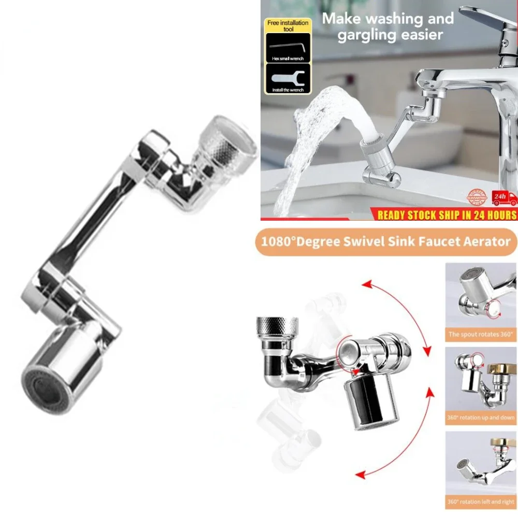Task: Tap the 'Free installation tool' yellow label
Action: pyautogui.click(x=287, y=26)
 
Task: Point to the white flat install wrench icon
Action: pyautogui.click(x=288, y=78)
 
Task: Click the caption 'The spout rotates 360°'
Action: pyautogui.click(x=481, y=334)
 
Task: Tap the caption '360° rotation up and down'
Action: pyautogui.click(x=481, y=417)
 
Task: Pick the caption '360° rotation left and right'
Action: pyautogui.click(x=481, y=501)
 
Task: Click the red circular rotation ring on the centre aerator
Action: pyautogui.click(x=348, y=357)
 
